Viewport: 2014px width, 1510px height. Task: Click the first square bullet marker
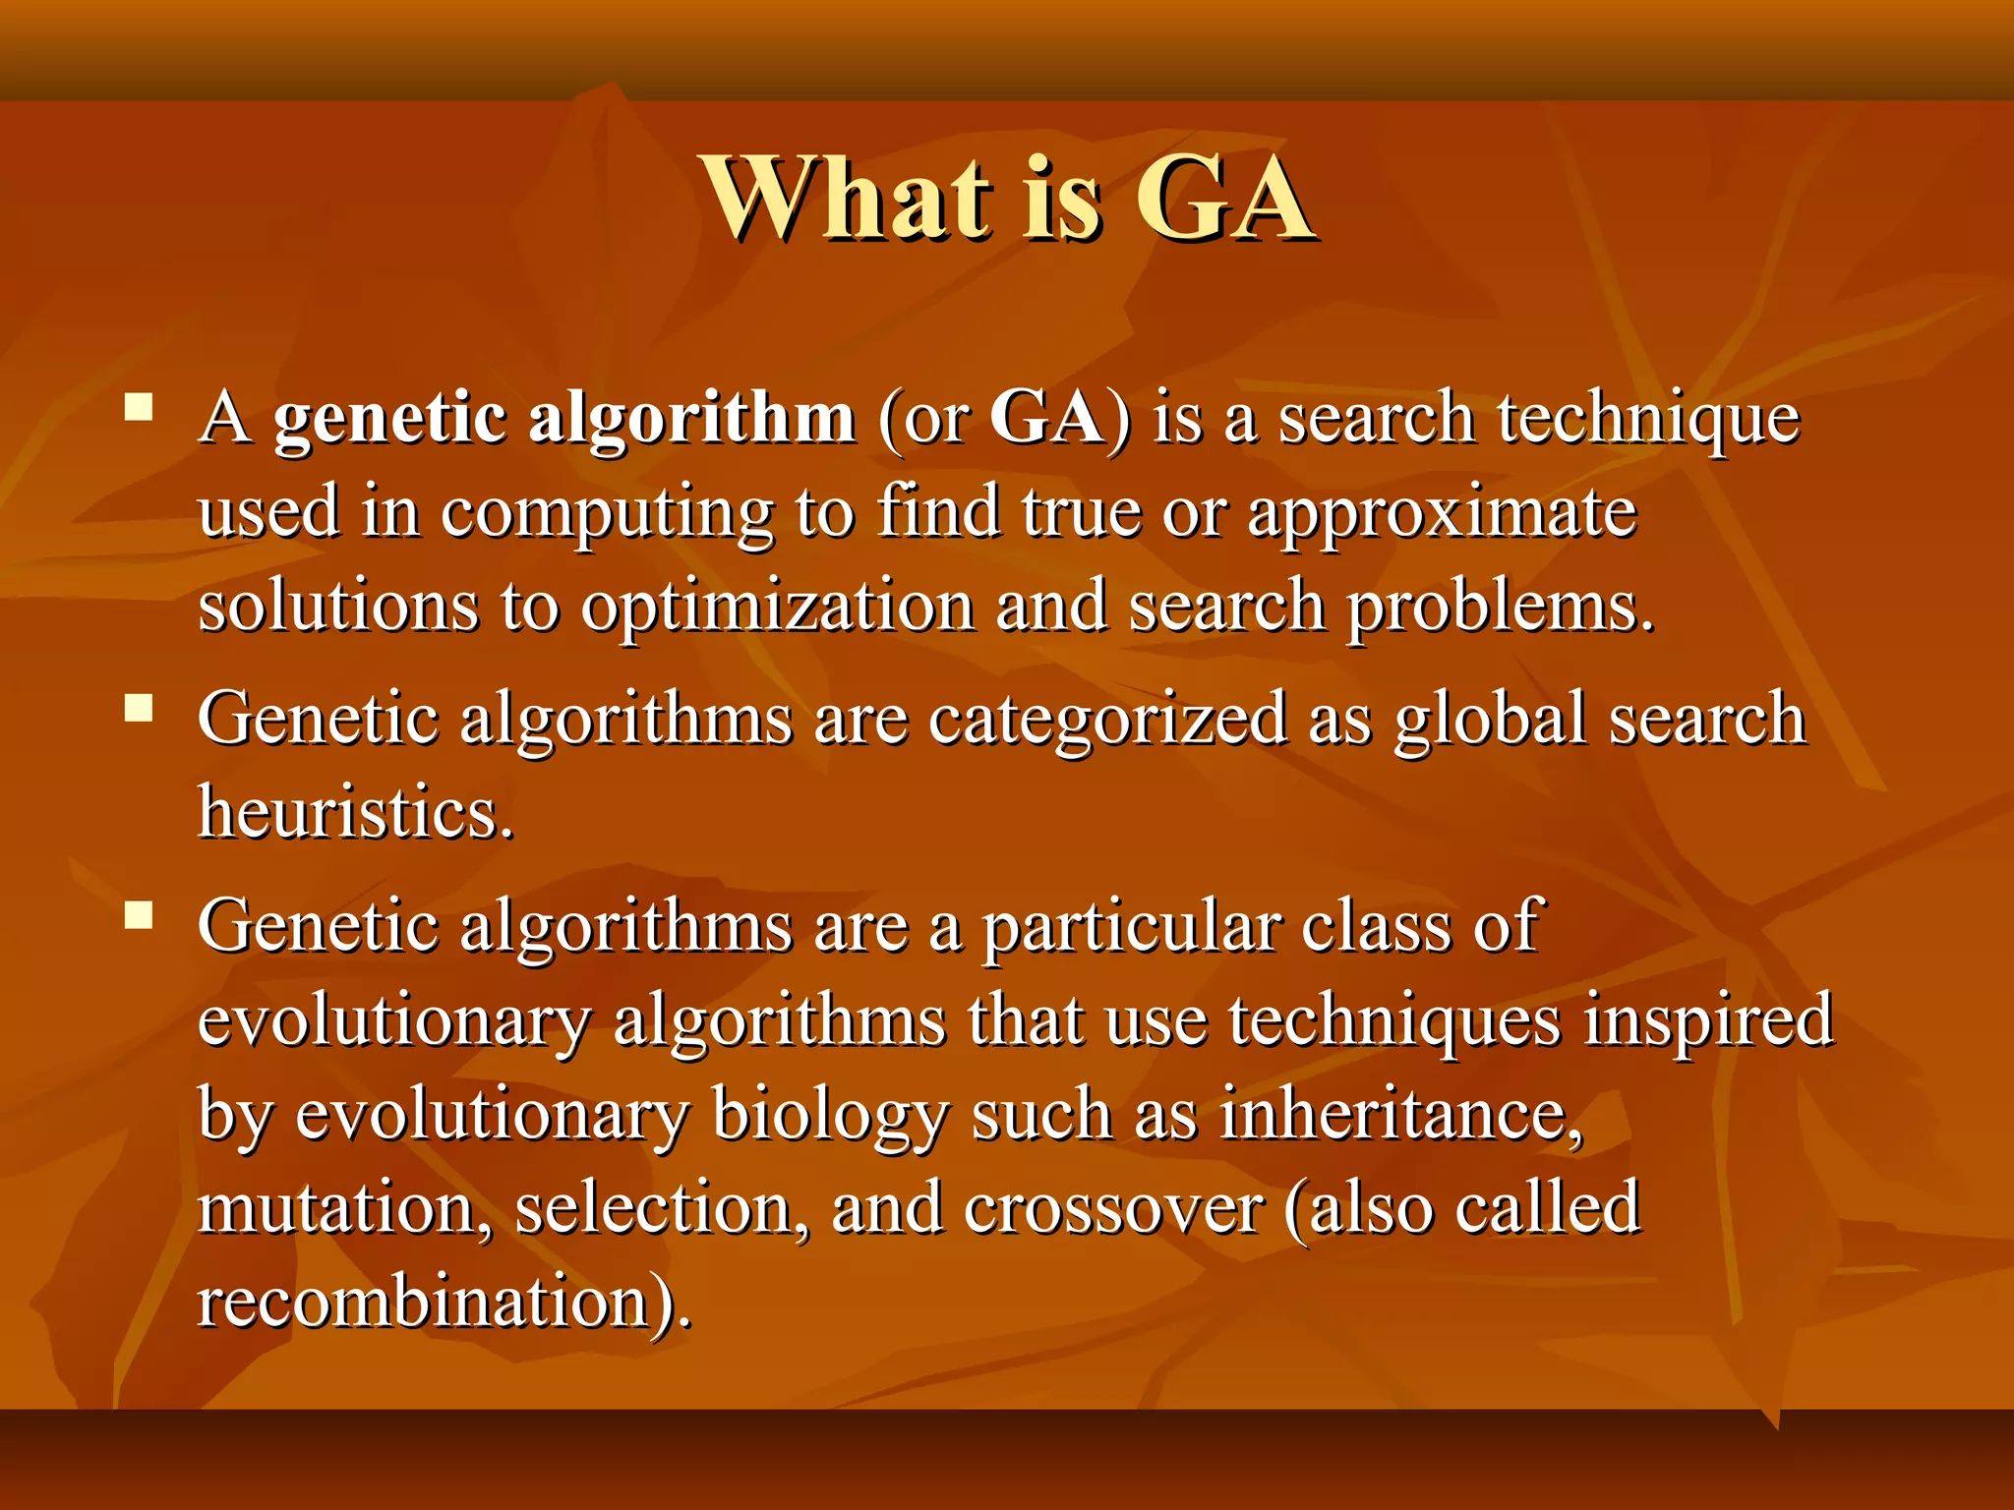pos(140,407)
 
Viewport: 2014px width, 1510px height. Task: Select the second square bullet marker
pos(140,708)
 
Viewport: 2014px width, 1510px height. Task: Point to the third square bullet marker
pos(140,916)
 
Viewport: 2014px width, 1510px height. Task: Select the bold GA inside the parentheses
pos(1046,417)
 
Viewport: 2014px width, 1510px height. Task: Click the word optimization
pos(777,608)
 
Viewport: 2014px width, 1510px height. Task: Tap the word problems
pos(1500,608)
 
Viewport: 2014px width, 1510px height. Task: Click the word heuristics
pos(356,812)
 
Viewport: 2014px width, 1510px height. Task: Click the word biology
pos(830,1117)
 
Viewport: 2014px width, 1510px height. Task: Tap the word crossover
pos(1113,1209)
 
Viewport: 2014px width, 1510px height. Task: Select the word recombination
pos(423,1302)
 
